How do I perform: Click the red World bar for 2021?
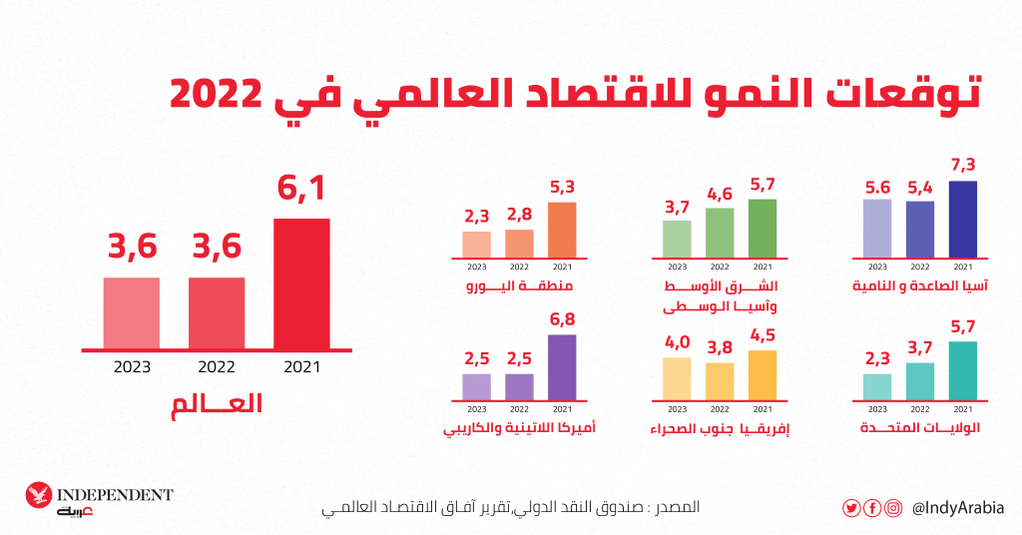coord(301,283)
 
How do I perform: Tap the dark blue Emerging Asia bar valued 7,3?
coord(962,219)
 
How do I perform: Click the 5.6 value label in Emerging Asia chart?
coord(877,187)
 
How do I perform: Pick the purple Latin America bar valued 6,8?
coord(562,366)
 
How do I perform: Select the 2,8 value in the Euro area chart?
coord(519,216)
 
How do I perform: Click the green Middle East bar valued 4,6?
coord(720,232)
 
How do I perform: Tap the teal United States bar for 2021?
coord(962,370)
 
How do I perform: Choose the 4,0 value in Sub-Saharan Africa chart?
coord(677,343)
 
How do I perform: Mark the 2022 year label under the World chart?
coord(217,366)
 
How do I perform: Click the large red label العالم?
coord(218,405)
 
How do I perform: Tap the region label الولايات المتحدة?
coord(920,429)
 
